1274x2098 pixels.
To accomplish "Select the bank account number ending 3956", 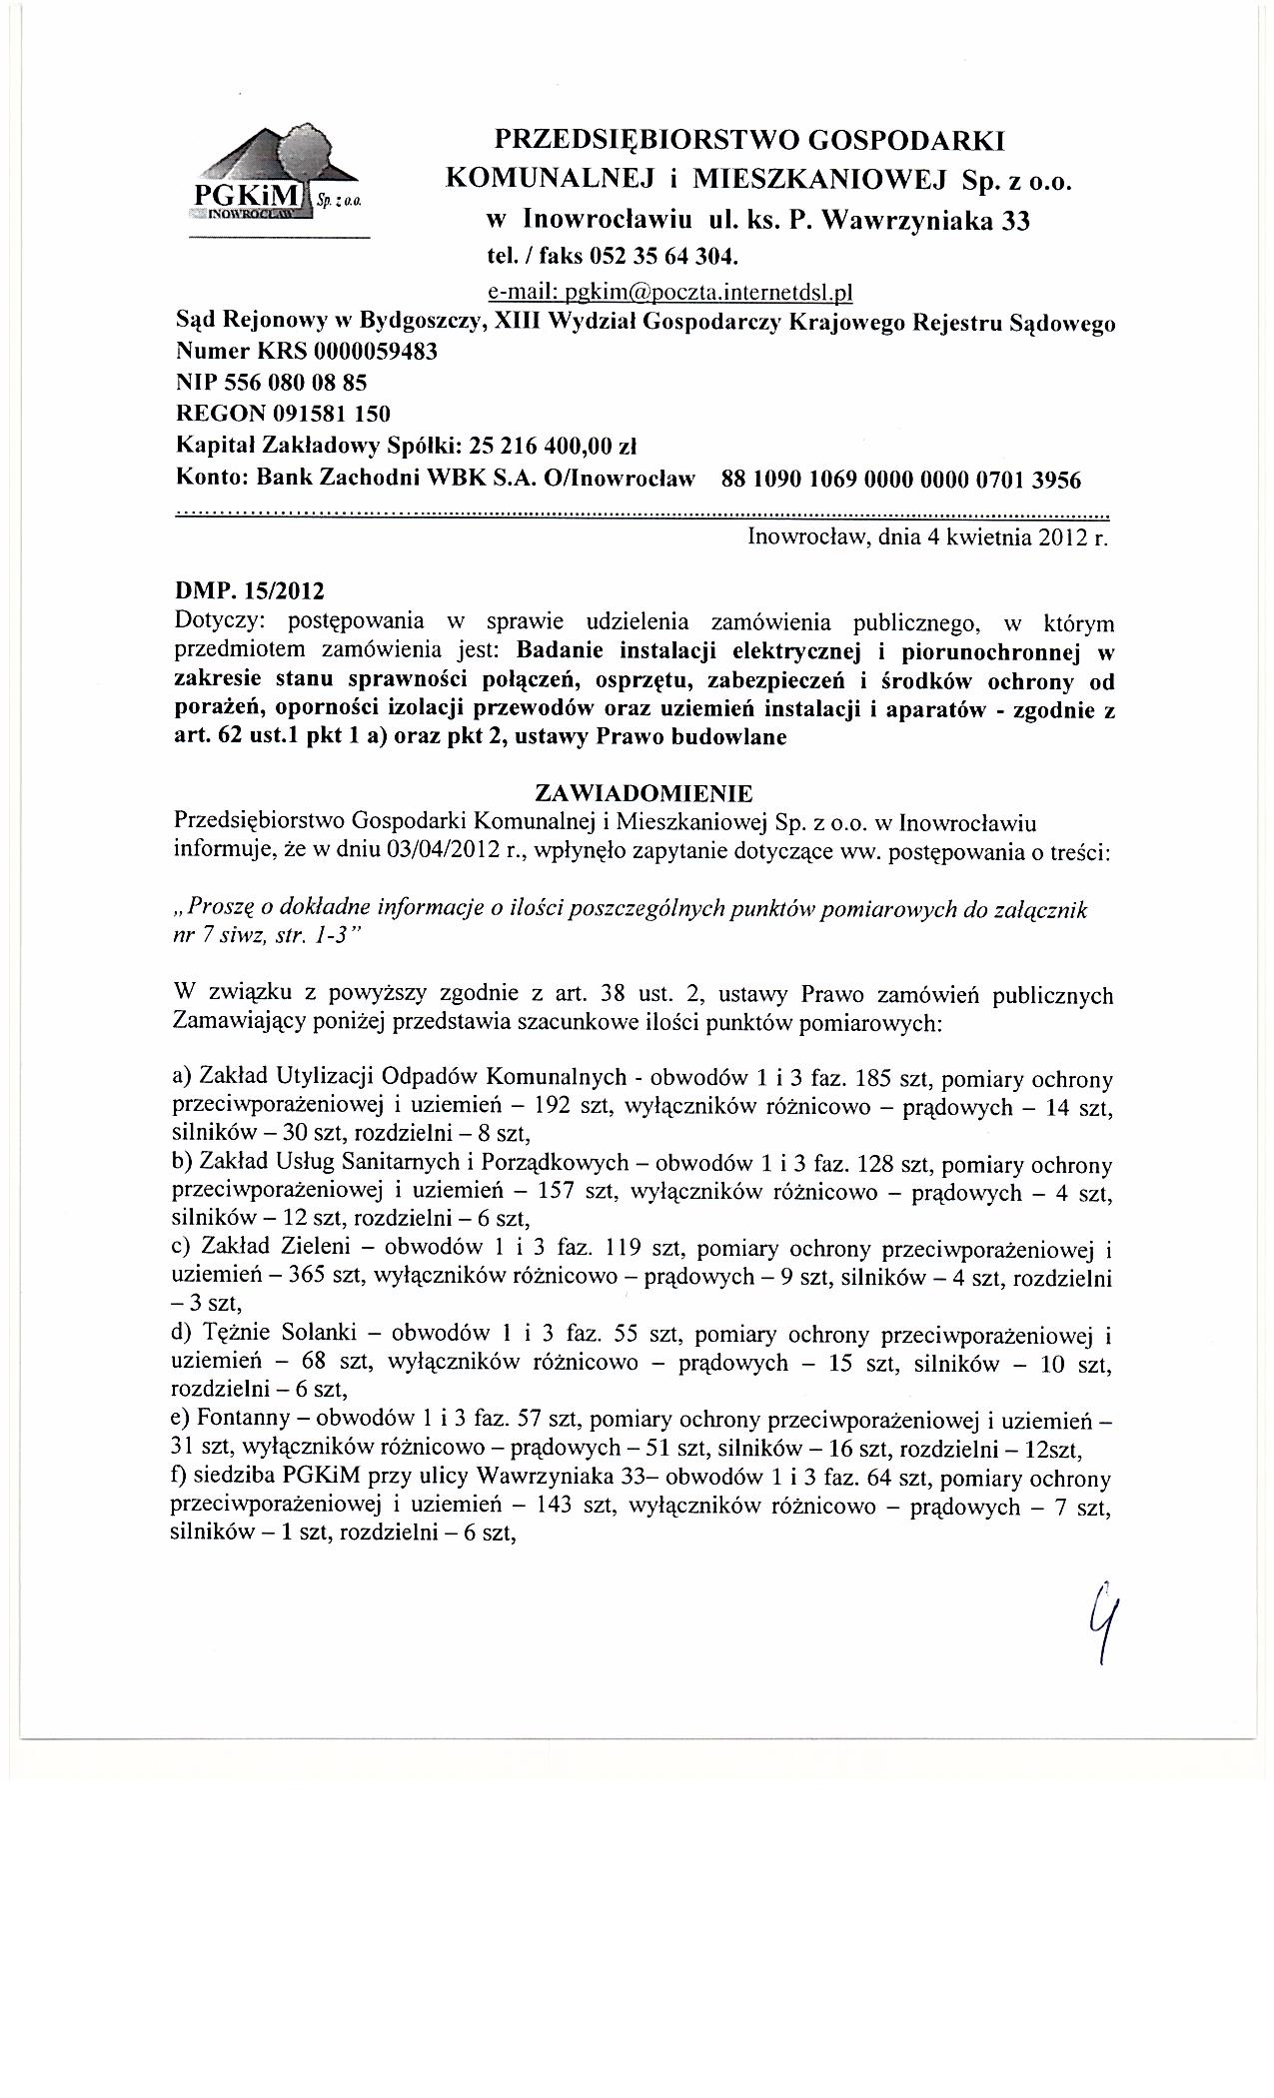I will click(x=900, y=480).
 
